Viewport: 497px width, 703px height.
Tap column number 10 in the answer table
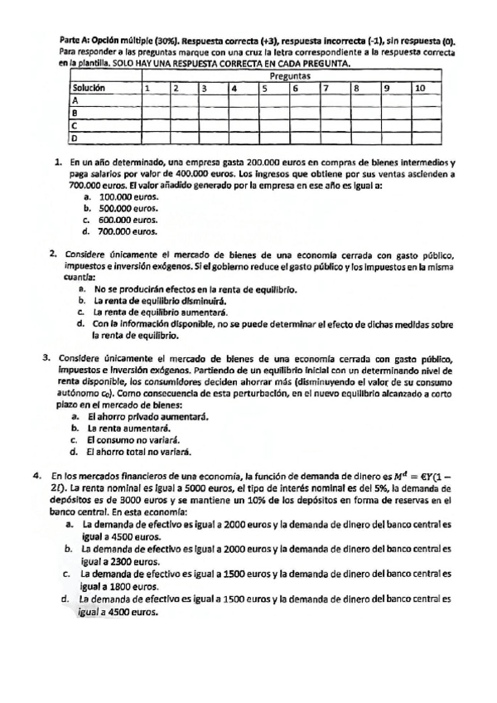tap(420, 87)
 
